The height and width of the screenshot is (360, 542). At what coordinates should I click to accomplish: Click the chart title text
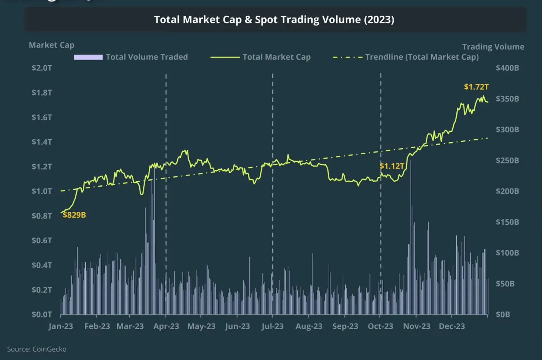[x=274, y=19]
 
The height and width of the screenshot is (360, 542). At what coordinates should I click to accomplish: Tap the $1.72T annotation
[x=476, y=87]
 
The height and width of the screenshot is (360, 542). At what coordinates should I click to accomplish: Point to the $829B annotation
[x=74, y=215]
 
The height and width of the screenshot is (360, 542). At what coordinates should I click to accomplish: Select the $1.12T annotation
[x=392, y=166]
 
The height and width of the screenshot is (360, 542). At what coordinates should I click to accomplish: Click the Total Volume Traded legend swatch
[x=88, y=57]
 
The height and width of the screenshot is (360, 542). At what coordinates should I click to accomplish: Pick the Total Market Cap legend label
[x=276, y=57]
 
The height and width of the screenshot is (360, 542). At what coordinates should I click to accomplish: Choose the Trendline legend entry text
[x=422, y=57]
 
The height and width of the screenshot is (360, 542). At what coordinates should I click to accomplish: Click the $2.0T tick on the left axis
[x=42, y=68]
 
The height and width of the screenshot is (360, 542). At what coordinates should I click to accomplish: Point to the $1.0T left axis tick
[x=42, y=191]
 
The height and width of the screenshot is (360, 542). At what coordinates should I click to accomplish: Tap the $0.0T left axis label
[x=42, y=314]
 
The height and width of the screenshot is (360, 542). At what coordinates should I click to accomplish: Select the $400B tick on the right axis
[x=507, y=68]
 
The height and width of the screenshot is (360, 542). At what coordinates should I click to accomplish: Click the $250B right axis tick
[x=507, y=160]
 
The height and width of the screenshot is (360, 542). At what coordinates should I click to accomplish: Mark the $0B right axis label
[x=502, y=314]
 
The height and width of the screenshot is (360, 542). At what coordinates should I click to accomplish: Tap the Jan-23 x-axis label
[x=61, y=326]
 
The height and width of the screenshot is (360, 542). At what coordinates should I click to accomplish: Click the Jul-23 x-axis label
[x=273, y=326]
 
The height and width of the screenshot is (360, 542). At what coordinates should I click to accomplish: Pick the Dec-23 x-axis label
[x=452, y=326]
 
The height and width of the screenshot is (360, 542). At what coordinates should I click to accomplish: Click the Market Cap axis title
[x=51, y=45]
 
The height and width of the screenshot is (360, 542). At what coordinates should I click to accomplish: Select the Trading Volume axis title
[x=493, y=47]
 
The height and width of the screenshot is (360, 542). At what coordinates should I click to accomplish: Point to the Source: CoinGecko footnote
[x=37, y=349]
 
